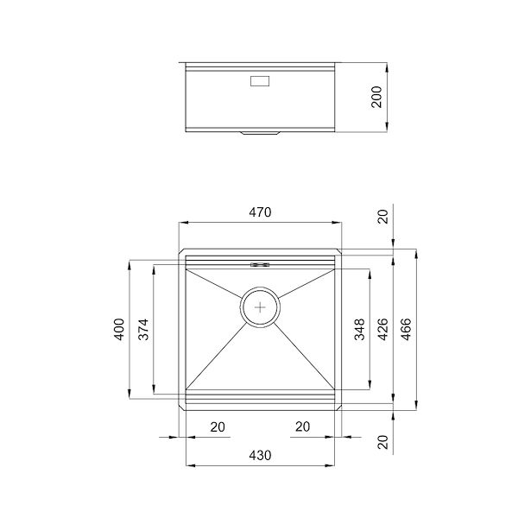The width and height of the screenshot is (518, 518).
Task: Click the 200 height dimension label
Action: [x=376, y=97]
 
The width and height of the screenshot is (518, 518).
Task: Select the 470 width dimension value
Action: [x=260, y=212]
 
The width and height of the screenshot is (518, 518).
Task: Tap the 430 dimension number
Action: [x=260, y=455]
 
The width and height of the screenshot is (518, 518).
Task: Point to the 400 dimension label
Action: [x=120, y=329]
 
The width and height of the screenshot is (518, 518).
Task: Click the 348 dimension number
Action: [x=359, y=329]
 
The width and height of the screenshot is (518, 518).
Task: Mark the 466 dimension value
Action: [x=406, y=329]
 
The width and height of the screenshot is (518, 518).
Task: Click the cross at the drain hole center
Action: [x=261, y=306]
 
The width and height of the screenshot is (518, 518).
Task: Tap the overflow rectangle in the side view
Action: [x=260, y=83]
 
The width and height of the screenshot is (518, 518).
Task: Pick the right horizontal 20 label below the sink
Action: [x=303, y=426]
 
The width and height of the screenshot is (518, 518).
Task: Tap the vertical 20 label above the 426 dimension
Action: [x=382, y=216]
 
